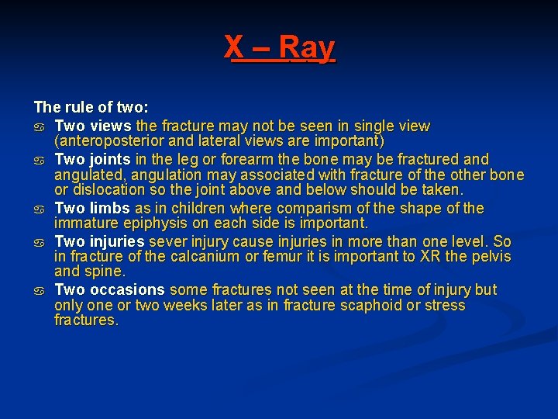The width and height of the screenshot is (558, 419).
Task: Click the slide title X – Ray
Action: (280, 48)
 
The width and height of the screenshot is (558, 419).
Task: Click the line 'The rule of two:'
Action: (91, 107)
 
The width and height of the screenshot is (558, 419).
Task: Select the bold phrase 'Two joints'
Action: (92, 159)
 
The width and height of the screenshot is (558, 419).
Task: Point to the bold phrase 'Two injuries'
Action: (99, 241)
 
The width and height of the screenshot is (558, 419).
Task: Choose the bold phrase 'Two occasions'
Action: (109, 289)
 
